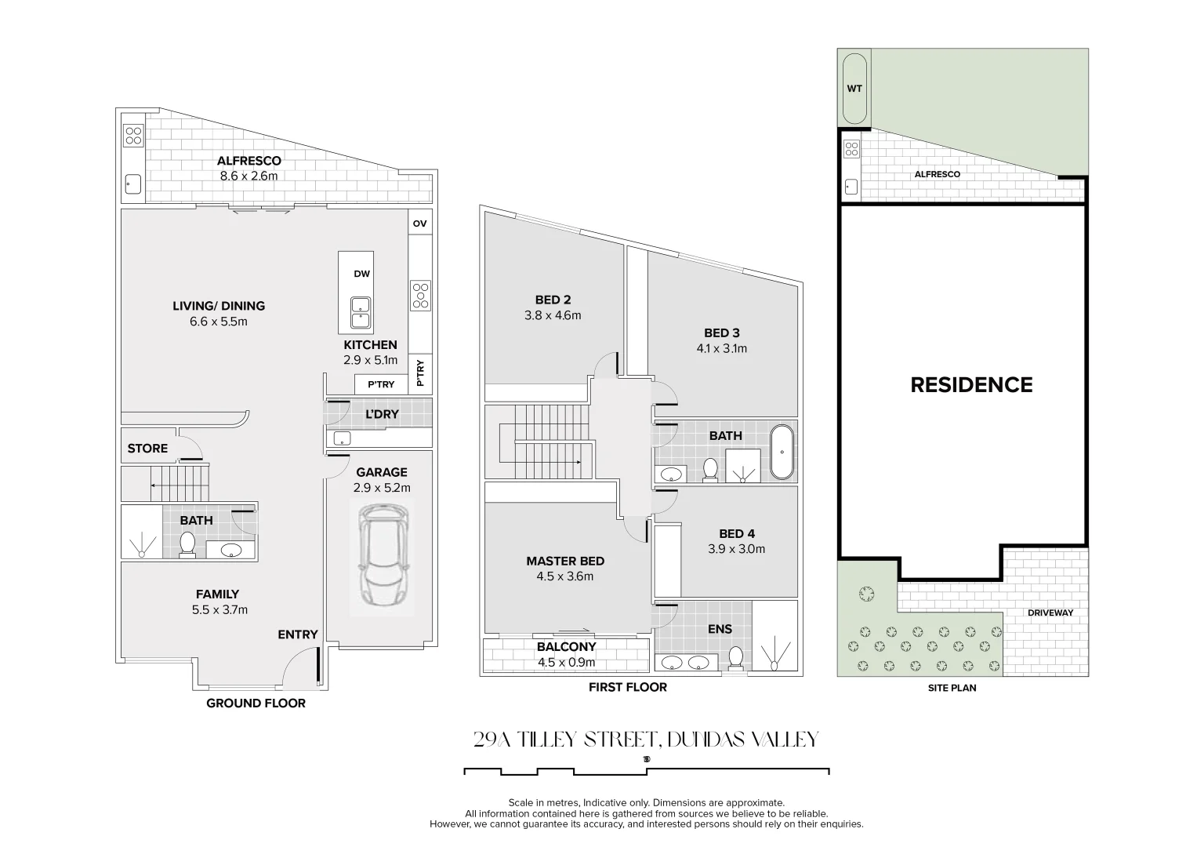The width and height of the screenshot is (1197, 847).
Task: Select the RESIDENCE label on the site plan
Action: (971, 385)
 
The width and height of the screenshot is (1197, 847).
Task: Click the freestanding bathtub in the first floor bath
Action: (782, 452)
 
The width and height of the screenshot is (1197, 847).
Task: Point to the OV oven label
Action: (420, 224)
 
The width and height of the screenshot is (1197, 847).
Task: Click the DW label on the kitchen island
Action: (362, 274)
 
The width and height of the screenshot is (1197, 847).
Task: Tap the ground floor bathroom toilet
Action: (187, 545)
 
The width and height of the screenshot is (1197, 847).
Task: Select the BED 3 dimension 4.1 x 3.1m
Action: (721, 349)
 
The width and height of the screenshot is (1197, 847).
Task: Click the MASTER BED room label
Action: (565, 561)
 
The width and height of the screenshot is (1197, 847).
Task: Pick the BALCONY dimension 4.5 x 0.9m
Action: (566, 663)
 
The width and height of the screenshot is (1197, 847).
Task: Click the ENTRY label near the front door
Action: (298, 634)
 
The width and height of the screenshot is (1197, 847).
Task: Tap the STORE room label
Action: (147, 449)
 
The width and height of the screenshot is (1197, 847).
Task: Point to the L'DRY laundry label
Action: (382, 414)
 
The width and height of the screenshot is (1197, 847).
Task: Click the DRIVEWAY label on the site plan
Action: (1050, 613)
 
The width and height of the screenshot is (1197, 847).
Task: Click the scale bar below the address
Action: (647, 771)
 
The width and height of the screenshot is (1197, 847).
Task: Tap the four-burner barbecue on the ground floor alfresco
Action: (133, 135)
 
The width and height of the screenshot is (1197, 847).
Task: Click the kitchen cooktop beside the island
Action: (420, 296)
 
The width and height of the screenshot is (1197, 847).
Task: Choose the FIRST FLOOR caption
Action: (628, 687)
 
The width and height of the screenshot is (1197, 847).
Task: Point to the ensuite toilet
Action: (736, 658)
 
